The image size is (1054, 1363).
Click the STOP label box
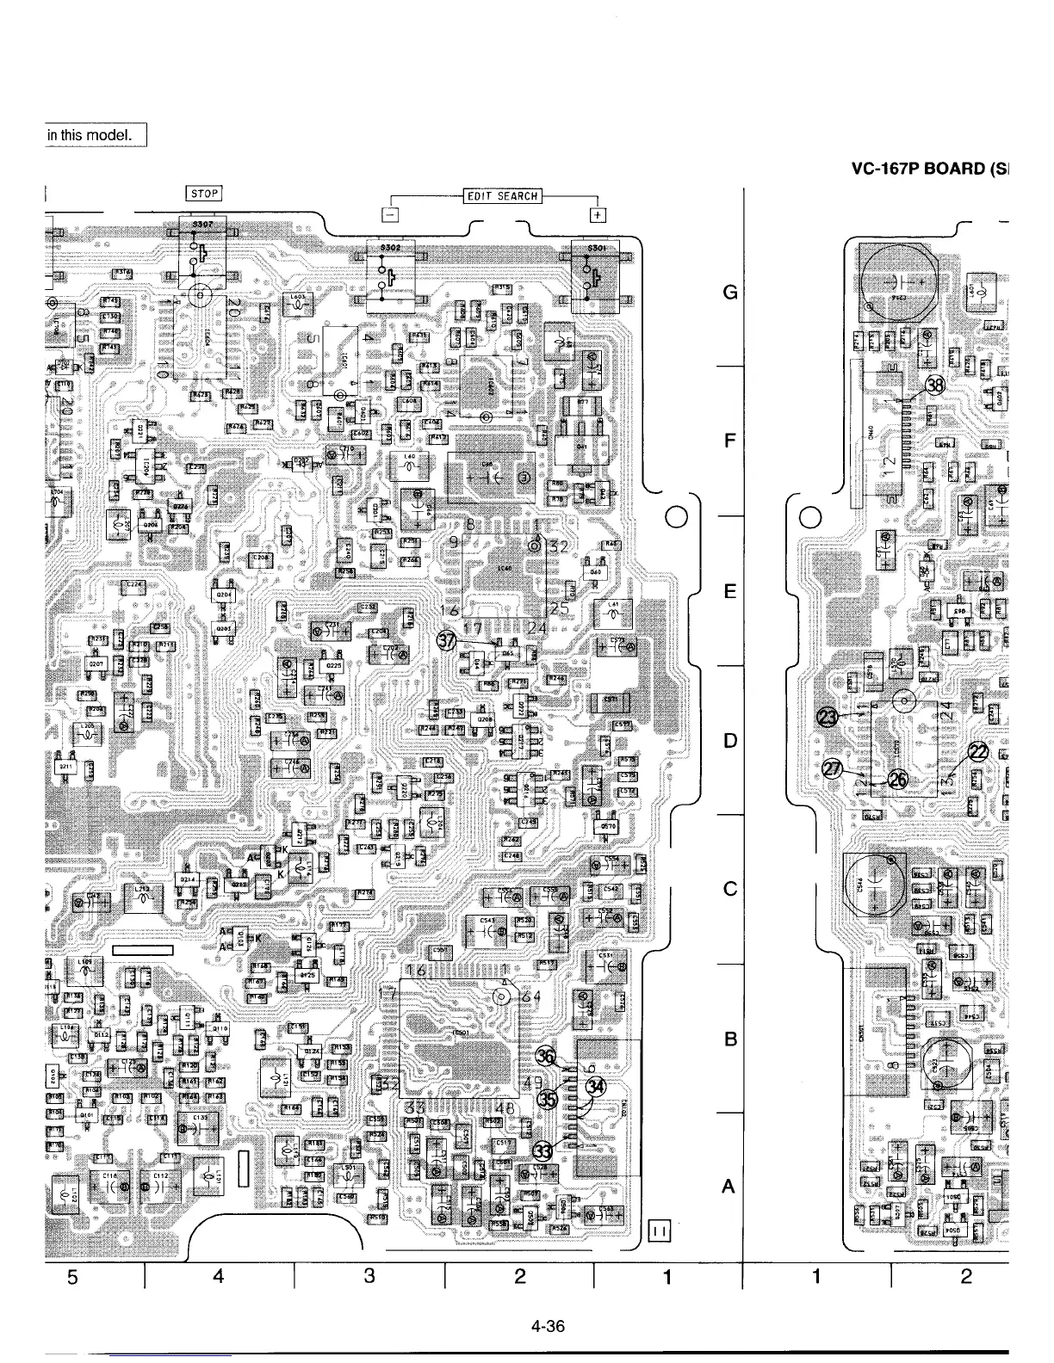tap(204, 193)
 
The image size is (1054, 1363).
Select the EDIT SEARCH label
tap(502, 195)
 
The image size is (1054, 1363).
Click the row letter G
tap(730, 293)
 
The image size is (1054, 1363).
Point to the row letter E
tap(730, 592)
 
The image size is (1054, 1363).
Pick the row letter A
tap(728, 1187)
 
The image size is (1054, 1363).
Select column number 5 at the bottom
tap(73, 1277)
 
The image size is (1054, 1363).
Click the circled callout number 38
tap(935, 385)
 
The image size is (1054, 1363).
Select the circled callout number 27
tap(834, 769)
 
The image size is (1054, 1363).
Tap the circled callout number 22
tap(978, 751)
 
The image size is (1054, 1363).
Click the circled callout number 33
tap(543, 1151)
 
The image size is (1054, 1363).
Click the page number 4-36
tap(548, 1326)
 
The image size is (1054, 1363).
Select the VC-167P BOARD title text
tap(927, 168)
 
